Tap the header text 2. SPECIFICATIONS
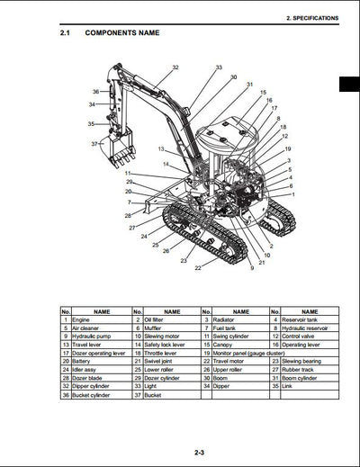coord(310,17)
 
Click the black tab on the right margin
coord(349,85)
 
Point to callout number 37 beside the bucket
coord(95,144)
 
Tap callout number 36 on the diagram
coord(95,92)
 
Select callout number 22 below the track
coord(198,267)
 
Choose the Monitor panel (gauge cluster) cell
coord(256,353)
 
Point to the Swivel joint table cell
coord(163,361)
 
